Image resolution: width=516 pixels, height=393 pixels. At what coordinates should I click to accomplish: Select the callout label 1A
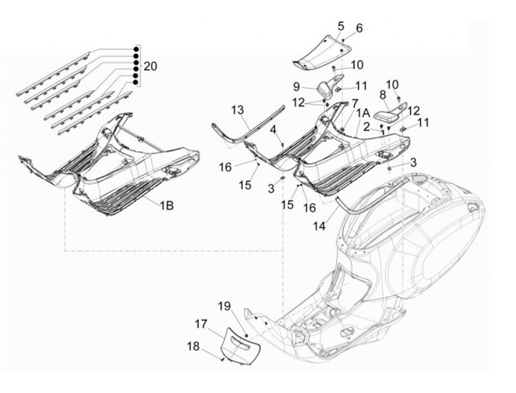pyautogui.click(x=361, y=113)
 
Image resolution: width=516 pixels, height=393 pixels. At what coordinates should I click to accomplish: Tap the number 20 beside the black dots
pyautogui.click(x=150, y=66)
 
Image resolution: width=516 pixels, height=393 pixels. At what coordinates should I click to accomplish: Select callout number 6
pyautogui.click(x=360, y=28)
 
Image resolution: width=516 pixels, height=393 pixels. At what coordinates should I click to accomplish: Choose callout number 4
pyautogui.click(x=274, y=129)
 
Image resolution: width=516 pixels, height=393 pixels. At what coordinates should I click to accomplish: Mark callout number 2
pyautogui.click(x=365, y=127)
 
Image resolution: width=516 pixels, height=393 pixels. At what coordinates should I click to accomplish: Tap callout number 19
pyautogui.click(x=224, y=306)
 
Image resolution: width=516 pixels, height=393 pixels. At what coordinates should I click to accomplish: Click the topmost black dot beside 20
pyautogui.click(x=135, y=48)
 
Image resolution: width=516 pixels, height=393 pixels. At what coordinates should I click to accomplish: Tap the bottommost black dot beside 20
pyautogui.click(x=135, y=83)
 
